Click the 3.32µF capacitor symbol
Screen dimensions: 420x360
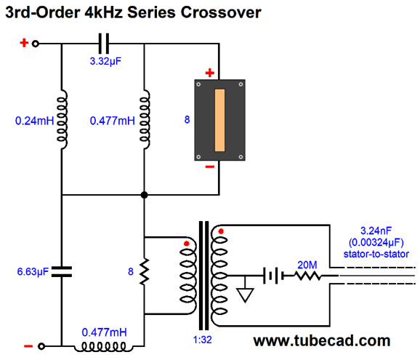tap(104, 44)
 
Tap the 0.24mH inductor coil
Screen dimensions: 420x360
tap(62, 119)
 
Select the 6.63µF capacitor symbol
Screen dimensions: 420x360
tap(62, 271)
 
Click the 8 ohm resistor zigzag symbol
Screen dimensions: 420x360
tap(145, 271)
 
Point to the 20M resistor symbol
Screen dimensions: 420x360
tap(307, 276)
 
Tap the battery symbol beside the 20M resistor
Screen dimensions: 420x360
tap(273, 276)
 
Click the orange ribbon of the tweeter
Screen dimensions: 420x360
tap(219, 120)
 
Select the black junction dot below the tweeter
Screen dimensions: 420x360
tap(144, 195)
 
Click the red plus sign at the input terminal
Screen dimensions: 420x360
tap(24, 43)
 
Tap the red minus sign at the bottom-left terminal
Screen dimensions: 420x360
tap(28, 346)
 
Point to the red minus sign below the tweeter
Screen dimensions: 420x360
tap(210, 167)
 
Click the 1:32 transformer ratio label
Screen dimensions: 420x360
tap(202, 340)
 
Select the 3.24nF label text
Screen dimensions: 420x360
tap(376, 231)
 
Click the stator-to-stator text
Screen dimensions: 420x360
tap(376, 254)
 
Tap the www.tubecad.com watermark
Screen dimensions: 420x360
tap(322, 341)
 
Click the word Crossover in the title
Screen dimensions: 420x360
tap(221, 12)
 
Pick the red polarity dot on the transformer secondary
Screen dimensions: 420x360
tap(221, 231)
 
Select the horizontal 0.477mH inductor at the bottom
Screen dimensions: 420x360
tap(103, 347)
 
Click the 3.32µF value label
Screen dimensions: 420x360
tap(105, 61)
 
